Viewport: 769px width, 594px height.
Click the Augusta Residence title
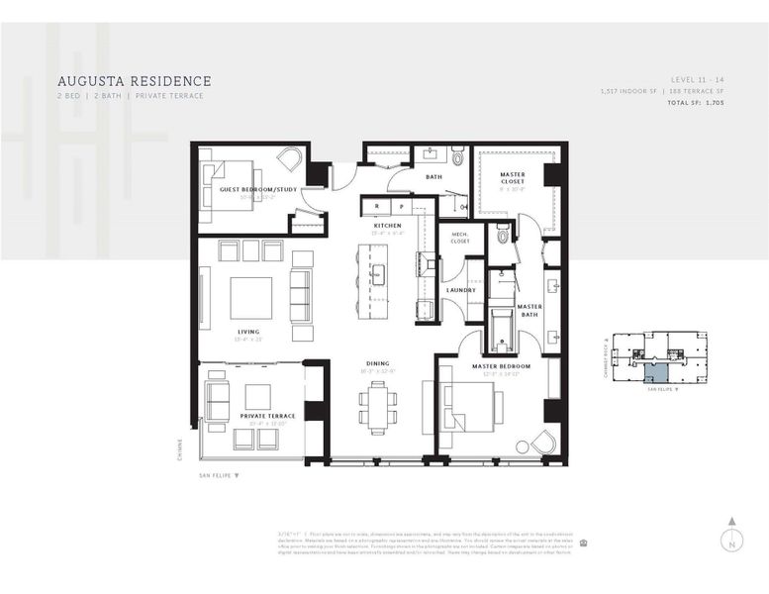pyautogui.click(x=134, y=80)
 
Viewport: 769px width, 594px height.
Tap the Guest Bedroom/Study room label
pyautogui.click(x=258, y=187)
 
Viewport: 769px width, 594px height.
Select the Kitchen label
pyautogui.click(x=387, y=226)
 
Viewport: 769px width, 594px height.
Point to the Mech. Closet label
pyautogui.click(x=460, y=237)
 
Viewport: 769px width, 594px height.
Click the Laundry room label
pyautogui.click(x=461, y=290)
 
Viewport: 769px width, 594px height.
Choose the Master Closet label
pyautogui.click(x=513, y=179)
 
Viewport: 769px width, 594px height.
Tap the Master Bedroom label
pyautogui.click(x=501, y=366)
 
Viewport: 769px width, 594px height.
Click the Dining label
pyautogui.click(x=376, y=362)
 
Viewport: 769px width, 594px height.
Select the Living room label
pyautogui.click(x=248, y=332)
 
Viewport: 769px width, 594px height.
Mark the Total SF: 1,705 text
pyautogui.click(x=696, y=103)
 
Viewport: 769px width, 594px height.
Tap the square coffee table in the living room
pyautogui.click(x=251, y=297)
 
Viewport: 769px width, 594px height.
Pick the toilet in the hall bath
pyautogui.click(x=457, y=156)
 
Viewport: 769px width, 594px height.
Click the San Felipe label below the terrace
pyautogui.click(x=219, y=475)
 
